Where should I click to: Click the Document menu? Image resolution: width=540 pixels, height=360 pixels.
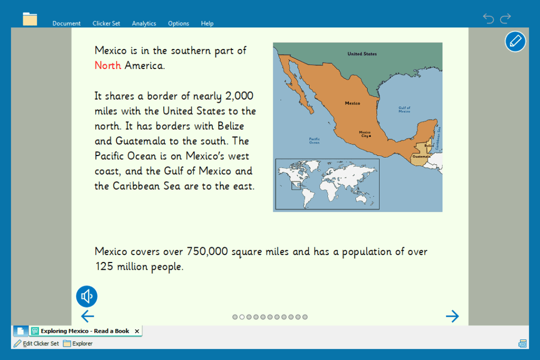pyautogui.click(x=66, y=23)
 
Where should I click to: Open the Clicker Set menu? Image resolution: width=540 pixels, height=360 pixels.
pyautogui.click(x=106, y=23)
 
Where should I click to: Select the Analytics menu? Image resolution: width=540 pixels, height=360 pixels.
pyautogui.click(x=144, y=23)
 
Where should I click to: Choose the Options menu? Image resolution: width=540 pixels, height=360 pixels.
pyautogui.click(x=178, y=23)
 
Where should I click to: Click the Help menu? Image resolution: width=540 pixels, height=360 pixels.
pyautogui.click(x=207, y=23)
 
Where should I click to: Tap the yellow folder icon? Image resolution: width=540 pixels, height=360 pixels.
pyautogui.click(x=30, y=19)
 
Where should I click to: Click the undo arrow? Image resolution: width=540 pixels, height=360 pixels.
pyautogui.click(x=488, y=18)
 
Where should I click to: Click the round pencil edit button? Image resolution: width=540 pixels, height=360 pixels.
pyautogui.click(x=515, y=42)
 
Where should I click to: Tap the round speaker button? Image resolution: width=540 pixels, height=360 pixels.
pyautogui.click(x=87, y=296)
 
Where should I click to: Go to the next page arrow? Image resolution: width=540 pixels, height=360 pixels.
pyautogui.click(x=452, y=316)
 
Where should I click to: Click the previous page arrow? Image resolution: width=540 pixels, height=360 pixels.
pyautogui.click(x=88, y=316)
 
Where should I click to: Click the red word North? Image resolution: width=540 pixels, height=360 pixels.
pyautogui.click(x=108, y=65)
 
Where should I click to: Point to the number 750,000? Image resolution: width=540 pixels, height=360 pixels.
pyautogui.click(x=207, y=251)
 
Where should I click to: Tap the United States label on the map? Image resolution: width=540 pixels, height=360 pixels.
pyautogui.click(x=362, y=54)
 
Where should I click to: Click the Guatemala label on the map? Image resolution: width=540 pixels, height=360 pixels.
pyautogui.click(x=421, y=156)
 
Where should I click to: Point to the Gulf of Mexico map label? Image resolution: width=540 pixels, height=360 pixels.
pyautogui.click(x=404, y=110)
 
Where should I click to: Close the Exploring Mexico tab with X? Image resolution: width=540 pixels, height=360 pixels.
pyautogui.click(x=137, y=331)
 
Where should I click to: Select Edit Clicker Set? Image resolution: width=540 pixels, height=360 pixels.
pyautogui.click(x=36, y=344)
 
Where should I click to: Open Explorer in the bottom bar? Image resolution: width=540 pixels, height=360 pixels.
pyautogui.click(x=78, y=344)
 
